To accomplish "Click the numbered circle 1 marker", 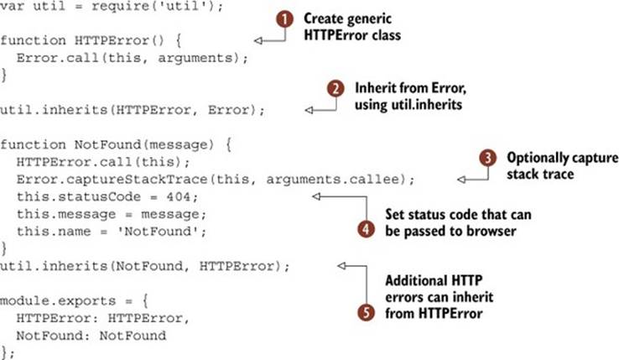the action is (284, 19).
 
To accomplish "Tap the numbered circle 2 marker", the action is (336, 88).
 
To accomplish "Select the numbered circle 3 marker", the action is (488, 158).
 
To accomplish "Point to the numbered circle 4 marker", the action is (366, 229).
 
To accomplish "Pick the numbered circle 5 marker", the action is (366, 312).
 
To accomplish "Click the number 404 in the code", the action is (179, 196).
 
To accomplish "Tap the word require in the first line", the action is (116, 7).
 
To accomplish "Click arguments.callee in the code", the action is (332, 180).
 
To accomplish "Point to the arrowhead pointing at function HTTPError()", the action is (258, 40).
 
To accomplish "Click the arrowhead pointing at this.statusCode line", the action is (316, 196).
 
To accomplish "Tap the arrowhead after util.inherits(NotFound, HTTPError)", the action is (341, 266).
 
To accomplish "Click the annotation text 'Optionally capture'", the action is (563, 158).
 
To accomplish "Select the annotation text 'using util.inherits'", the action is (408, 105).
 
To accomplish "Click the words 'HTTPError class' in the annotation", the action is (352, 34).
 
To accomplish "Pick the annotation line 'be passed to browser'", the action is (450, 231).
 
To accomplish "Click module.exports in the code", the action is (58, 300).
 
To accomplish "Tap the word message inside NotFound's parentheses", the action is (178, 144).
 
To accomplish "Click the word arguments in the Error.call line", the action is (195, 59).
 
